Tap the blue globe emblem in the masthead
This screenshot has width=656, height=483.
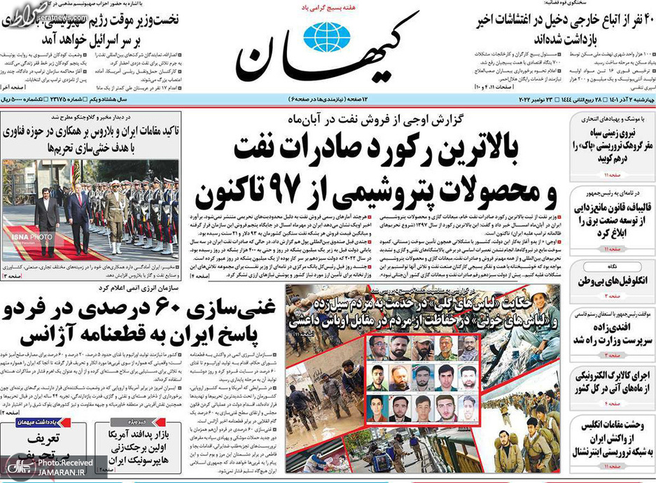point(325,36)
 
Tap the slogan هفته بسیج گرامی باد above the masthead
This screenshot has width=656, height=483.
point(330,8)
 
